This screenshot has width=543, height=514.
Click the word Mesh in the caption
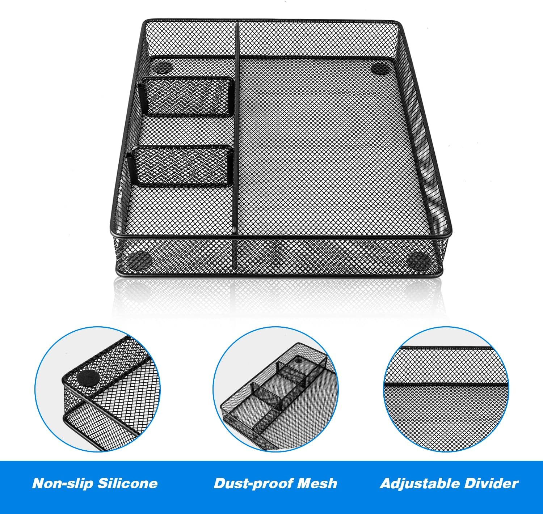[x=317, y=483]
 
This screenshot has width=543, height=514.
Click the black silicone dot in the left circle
[x=88, y=379]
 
